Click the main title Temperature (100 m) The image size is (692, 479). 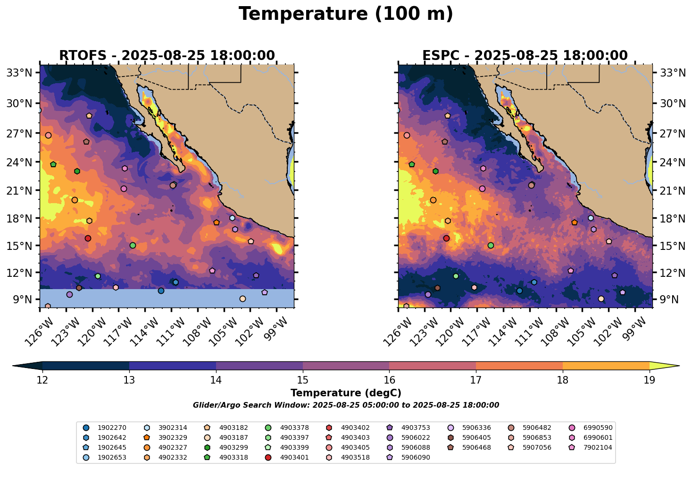click(346, 14)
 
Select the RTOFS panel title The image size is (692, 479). click(167, 56)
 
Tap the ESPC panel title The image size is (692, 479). click(525, 56)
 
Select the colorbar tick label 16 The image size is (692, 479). click(389, 380)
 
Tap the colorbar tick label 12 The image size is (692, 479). click(42, 380)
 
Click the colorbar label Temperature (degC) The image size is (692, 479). click(346, 393)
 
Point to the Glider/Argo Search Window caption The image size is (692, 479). click(346, 405)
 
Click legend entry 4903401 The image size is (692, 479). click(287, 457)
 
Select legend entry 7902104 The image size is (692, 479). click(591, 447)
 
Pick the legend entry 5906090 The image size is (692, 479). click(408, 457)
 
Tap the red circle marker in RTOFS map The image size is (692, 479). click(88, 238)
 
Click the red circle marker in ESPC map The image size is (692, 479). click(446, 238)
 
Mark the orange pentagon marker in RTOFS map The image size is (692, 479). click(217, 222)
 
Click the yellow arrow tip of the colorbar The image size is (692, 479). click(679, 366)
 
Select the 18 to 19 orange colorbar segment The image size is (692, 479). click(606, 366)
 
